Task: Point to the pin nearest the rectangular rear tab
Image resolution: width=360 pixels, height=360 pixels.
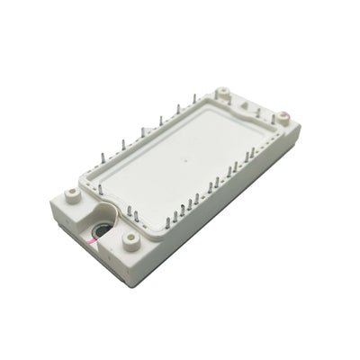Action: [259, 113]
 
